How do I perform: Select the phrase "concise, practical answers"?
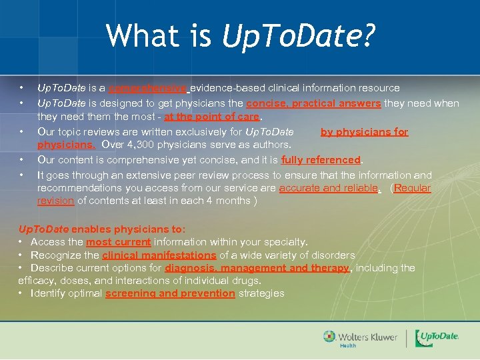tap(313, 103)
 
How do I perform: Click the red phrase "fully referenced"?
tap(321, 160)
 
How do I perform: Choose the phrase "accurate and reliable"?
tap(329, 188)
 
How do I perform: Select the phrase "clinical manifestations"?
tap(159, 255)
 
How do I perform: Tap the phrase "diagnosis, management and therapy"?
tap(257, 268)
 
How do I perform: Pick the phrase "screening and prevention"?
tap(170, 293)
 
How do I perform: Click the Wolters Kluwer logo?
tap(360, 338)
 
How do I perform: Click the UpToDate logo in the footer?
tap(437, 338)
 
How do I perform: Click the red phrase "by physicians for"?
tap(364, 132)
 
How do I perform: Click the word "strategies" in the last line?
tap(261, 293)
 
